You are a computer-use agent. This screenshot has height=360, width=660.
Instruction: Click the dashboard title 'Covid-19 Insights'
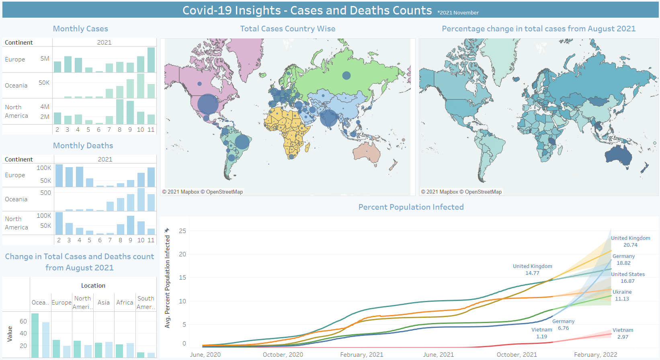tap(231, 10)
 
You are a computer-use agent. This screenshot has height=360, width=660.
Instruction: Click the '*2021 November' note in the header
tap(458, 13)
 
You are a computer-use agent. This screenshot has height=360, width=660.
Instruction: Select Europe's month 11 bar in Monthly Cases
tap(151, 60)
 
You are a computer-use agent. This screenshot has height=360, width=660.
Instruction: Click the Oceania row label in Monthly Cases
tap(16, 86)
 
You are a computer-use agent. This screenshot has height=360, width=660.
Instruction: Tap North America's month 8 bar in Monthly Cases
tap(120, 112)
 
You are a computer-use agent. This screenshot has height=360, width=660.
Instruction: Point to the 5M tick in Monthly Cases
tap(45, 59)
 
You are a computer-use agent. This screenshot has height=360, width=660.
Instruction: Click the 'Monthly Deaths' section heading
tap(83, 146)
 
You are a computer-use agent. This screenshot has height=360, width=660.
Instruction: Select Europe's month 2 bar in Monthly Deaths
tap(59, 176)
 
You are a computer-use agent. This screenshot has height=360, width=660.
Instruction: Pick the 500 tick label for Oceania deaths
tap(45, 193)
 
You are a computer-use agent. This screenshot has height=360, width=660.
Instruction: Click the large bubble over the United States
tap(208, 104)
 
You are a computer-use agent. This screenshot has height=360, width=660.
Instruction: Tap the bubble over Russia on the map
tap(346, 75)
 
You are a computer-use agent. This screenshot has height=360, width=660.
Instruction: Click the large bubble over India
tap(329, 118)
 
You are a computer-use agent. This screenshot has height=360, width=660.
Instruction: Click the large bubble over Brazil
tap(242, 142)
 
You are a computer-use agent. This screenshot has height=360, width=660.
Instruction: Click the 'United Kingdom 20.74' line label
tap(630, 241)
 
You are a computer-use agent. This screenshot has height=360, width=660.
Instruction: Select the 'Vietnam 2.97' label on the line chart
tap(623, 333)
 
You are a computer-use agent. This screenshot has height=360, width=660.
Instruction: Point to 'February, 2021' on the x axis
tap(362, 355)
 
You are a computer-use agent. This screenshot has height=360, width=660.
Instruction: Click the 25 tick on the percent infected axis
tap(182, 231)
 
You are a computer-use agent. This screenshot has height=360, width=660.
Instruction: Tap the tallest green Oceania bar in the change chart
tap(35, 335)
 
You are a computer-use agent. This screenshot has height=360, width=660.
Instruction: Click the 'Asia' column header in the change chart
tap(104, 303)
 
